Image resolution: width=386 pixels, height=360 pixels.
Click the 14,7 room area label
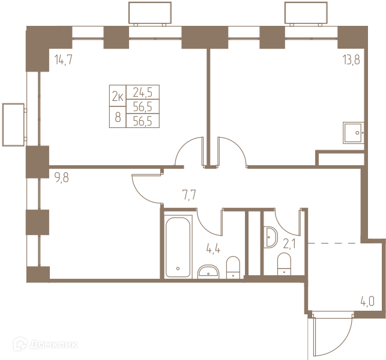63,59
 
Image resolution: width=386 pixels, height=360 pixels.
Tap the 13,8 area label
351,59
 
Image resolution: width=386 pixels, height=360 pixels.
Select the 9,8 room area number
62,177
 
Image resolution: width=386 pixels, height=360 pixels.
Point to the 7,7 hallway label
189,195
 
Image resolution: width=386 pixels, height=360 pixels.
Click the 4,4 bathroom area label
213,249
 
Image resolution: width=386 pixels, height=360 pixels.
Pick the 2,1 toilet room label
289,245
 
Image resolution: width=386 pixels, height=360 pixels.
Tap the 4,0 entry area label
367,301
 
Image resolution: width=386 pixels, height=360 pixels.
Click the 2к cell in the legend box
118,96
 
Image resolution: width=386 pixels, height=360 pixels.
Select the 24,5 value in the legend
143,93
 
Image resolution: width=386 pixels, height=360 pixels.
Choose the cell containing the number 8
118,117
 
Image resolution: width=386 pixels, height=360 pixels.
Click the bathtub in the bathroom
178,247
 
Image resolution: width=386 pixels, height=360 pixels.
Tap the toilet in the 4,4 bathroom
233,267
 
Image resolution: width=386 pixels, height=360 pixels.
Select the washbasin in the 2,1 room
270,237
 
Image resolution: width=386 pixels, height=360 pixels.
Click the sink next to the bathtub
208,272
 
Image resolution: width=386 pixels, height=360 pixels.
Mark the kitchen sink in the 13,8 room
353,133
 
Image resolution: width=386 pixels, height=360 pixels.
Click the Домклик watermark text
53,344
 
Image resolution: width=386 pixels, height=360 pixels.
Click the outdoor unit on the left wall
14,124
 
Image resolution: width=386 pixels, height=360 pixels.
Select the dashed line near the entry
334,243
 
